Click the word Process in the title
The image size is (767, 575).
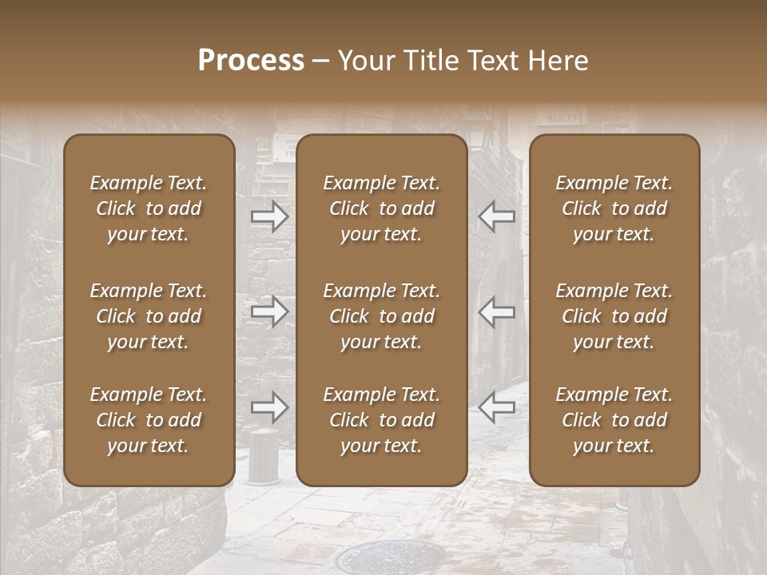click(251, 61)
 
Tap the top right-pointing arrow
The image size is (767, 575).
click(269, 216)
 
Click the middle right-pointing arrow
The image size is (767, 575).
click(269, 311)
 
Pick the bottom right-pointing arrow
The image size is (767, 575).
click(269, 407)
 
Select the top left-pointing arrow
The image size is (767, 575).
click(496, 216)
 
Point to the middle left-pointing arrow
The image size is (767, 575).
click(496, 311)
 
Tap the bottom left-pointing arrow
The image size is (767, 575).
click(496, 407)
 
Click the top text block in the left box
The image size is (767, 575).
click(149, 208)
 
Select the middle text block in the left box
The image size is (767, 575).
click(149, 316)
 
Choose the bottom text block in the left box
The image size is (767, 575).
click(149, 420)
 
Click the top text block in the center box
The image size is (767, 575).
click(381, 208)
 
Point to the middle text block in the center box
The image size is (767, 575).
click(381, 316)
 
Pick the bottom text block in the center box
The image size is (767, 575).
click(381, 420)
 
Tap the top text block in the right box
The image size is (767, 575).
click(614, 208)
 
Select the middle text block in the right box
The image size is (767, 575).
click(614, 316)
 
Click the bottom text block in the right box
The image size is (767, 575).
click(614, 420)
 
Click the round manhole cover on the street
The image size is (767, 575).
click(368, 558)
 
